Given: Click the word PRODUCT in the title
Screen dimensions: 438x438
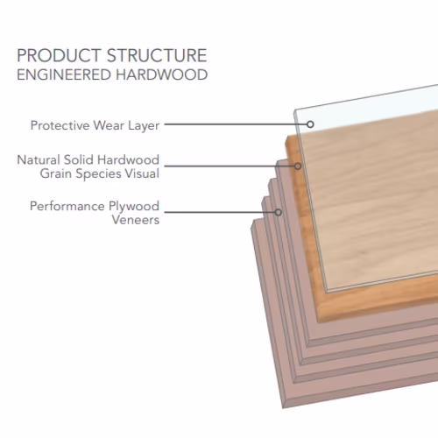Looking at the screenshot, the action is pyautogui.click(x=59, y=55).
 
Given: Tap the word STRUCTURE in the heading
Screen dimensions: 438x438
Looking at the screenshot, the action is pyautogui.click(x=157, y=55).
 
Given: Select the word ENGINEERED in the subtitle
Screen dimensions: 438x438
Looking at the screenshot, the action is pyautogui.click(x=64, y=74).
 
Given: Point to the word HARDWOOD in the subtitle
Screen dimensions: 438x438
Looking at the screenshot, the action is pyautogui.click(x=162, y=74).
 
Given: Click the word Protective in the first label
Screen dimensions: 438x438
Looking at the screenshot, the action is pyautogui.click(x=60, y=125).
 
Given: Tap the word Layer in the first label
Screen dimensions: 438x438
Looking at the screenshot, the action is pyautogui.click(x=144, y=126).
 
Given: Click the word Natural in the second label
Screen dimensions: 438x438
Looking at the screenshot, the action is pyautogui.click(x=39, y=159).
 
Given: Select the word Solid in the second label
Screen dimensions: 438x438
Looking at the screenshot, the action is pyautogui.click(x=79, y=159).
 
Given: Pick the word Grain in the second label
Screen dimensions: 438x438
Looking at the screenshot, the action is pyautogui.click(x=55, y=173).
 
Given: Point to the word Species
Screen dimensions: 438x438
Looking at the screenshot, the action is pyautogui.click(x=98, y=174).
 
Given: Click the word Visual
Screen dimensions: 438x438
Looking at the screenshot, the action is pyautogui.click(x=142, y=173).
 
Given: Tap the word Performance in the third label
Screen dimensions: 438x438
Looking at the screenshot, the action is pyautogui.click(x=67, y=206).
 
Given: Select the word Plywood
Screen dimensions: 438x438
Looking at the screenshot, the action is pyautogui.click(x=134, y=207).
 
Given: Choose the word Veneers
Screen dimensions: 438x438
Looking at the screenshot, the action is pyautogui.click(x=136, y=220).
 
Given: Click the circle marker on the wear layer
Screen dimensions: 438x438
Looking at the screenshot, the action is pyautogui.click(x=310, y=124).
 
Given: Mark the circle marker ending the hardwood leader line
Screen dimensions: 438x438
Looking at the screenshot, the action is pyautogui.click(x=298, y=166).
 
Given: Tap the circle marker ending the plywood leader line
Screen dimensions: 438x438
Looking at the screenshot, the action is pyautogui.click(x=279, y=212).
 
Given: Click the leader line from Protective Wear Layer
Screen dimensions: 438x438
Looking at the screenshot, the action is pyautogui.click(x=236, y=124).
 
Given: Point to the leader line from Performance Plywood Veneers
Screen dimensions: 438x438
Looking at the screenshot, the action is pyautogui.click(x=220, y=212).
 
